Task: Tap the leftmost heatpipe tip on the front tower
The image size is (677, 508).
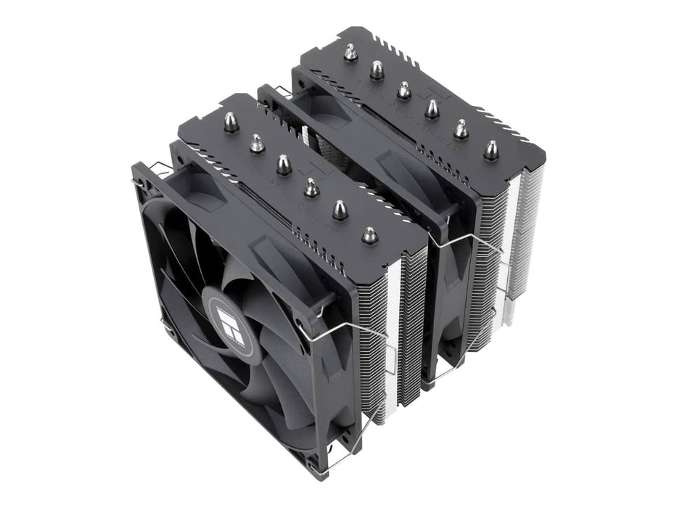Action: coord(232,122)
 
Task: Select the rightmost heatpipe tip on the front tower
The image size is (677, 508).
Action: coord(369,235)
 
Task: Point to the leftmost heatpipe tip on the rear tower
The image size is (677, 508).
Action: coord(350,52)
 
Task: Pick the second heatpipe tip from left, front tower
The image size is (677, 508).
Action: coord(257,144)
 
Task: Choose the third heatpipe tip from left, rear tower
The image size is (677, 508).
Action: coord(404,90)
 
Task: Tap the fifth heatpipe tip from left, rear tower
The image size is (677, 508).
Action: coord(461,129)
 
